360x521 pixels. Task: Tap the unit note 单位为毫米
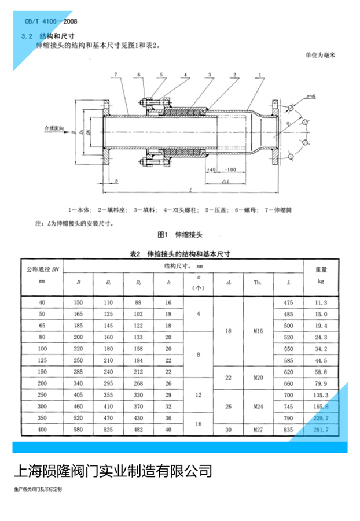[x=319, y=56]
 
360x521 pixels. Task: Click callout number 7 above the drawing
[x=116, y=75]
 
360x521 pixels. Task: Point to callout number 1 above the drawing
[x=262, y=75]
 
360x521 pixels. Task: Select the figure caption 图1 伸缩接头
[x=179, y=235]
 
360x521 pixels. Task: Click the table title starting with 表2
[x=179, y=254]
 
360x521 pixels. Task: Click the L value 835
[x=289, y=430]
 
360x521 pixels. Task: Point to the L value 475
[x=289, y=302]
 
